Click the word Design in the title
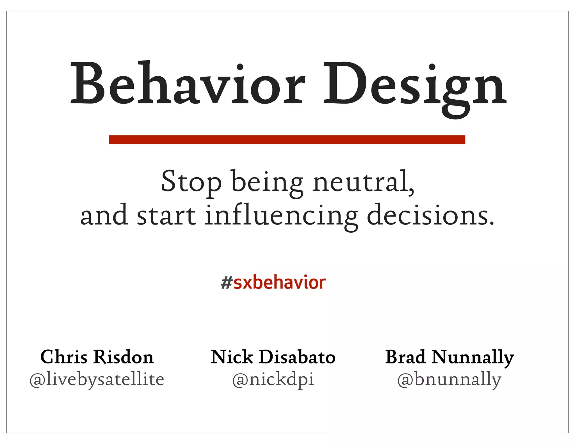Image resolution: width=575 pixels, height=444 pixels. coord(415,84)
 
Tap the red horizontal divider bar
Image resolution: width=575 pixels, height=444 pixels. coord(287,139)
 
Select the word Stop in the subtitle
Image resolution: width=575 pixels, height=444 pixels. coord(191,182)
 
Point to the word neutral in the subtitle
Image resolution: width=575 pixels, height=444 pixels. coord(363,182)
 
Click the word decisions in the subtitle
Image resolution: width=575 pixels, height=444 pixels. coord(430,216)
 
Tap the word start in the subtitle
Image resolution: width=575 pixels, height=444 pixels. coord(166,216)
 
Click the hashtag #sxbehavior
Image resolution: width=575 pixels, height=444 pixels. coord(273,283)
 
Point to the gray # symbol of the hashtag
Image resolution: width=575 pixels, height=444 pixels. coord(226,283)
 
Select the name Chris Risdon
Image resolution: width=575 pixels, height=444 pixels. coord(97,357)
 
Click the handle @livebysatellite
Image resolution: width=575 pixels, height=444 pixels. coord(97,379)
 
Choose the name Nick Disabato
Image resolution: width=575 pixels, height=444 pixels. coord(273,357)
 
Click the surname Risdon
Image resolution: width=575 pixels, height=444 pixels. coord(124,357)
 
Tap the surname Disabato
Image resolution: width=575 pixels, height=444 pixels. coord(297,357)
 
